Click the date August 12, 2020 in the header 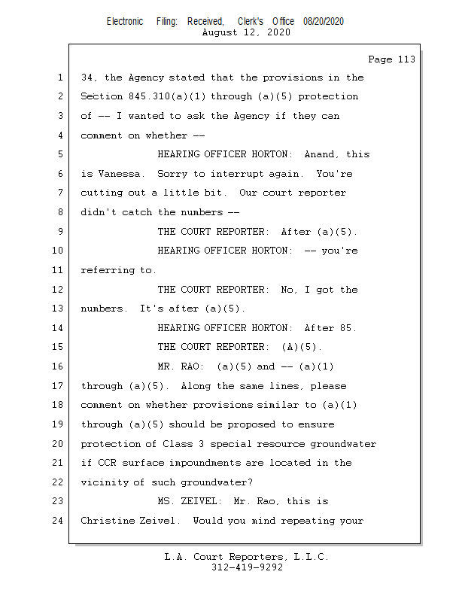click(247, 32)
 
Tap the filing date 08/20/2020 click(324, 22)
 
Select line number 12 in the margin click(59, 290)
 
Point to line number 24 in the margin click(59, 521)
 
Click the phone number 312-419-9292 click(247, 568)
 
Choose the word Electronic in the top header click(125, 22)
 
